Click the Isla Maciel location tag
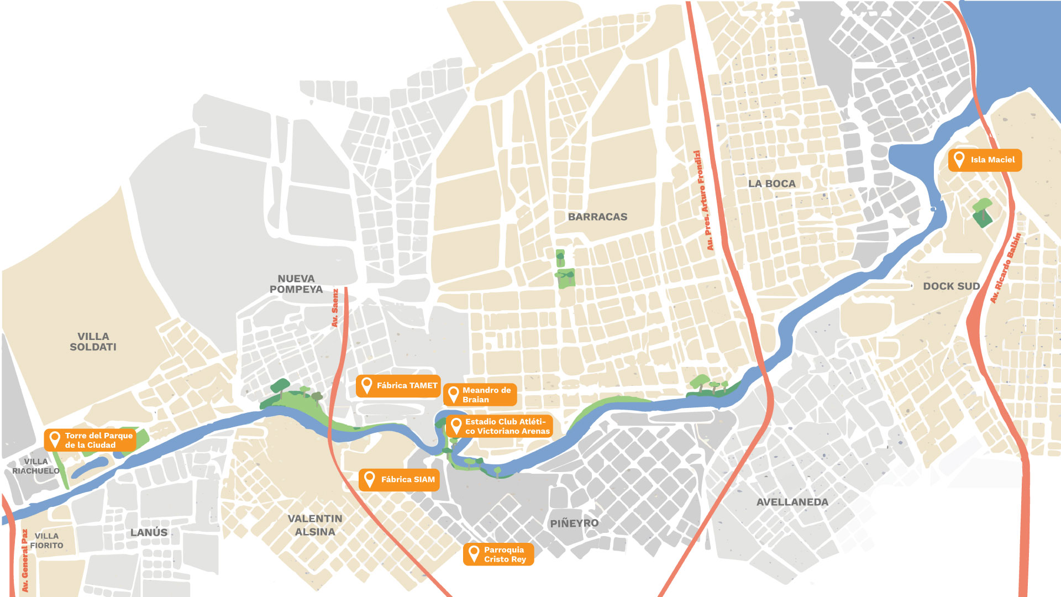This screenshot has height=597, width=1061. click(985, 160)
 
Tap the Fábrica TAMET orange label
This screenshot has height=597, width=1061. click(398, 386)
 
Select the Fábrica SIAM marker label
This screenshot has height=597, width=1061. click(400, 480)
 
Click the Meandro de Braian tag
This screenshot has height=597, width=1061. click(480, 395)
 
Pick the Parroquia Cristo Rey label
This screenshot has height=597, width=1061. click(498, 554)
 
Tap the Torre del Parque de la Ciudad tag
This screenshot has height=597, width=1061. click(90, 440)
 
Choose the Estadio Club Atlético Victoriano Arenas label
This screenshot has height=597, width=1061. click(500, 426)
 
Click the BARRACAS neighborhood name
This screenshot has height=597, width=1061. click(597, 217)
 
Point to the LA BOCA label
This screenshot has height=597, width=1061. click(771, 184)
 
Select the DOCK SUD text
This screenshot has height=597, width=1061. click(951, 286)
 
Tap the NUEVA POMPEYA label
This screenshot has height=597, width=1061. click(296, 284)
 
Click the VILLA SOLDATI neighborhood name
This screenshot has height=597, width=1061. click(93, 342)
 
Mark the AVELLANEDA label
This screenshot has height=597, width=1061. click(792, 502)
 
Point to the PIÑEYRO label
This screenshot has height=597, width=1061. click(574, 523)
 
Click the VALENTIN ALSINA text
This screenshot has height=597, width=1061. click(315, 525)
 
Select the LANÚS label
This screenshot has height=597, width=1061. click(149, 532)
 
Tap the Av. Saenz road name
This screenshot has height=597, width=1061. click(335, 308)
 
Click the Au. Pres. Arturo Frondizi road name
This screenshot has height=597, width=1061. click(703, 200)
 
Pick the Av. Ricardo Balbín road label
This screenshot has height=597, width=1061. click(1005, 268)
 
